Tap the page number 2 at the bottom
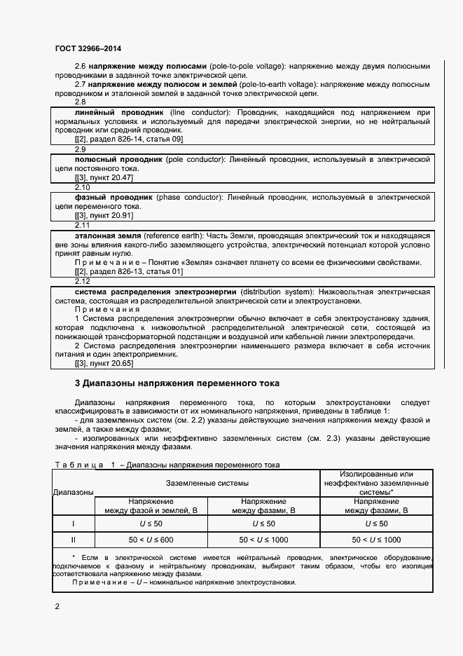[57, 606]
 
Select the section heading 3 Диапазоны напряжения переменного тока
[177, 383]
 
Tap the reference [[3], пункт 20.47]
[103, 178]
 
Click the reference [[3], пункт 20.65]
[103, 363]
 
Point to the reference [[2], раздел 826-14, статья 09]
[128, 139]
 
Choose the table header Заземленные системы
[207, 484]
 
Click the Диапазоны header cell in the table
[73, 493]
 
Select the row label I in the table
[74, 524]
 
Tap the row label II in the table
[74, 540]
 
